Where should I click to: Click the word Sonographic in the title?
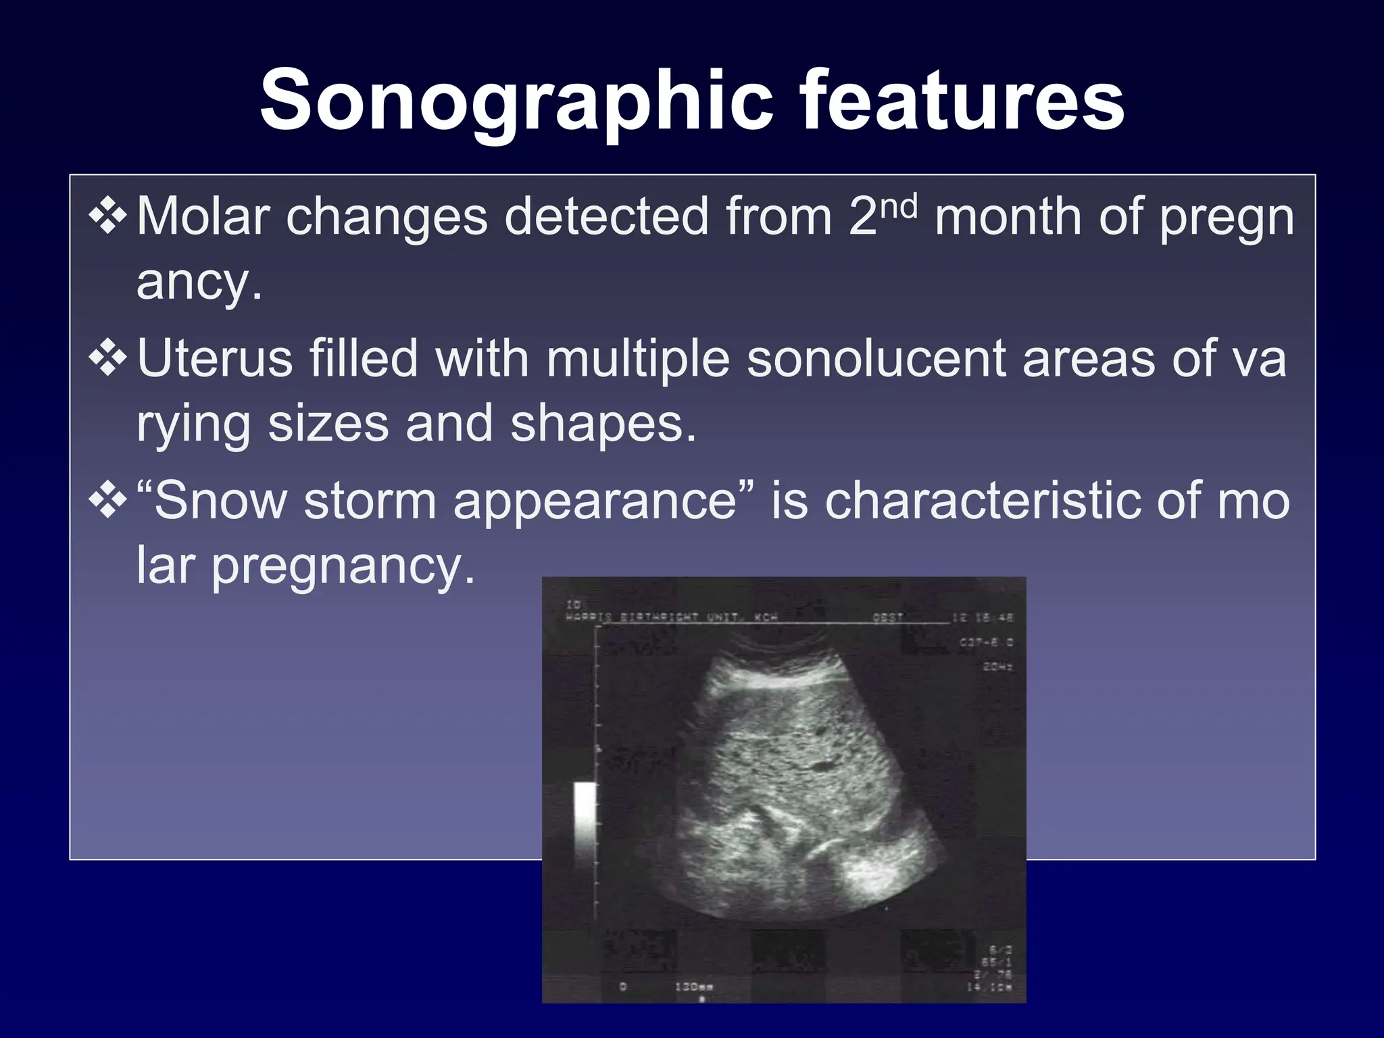516,101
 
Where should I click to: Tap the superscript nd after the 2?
899,206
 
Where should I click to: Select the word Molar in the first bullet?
202,217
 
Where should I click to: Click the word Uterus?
215,358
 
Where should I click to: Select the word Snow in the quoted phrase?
220,501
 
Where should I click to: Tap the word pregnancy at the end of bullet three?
343,566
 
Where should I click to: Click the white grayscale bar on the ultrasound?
585,822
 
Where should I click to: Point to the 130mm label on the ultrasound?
694,987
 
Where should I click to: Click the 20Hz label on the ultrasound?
997,668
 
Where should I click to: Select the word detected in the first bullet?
606,217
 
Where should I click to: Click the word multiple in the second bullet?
638,358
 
